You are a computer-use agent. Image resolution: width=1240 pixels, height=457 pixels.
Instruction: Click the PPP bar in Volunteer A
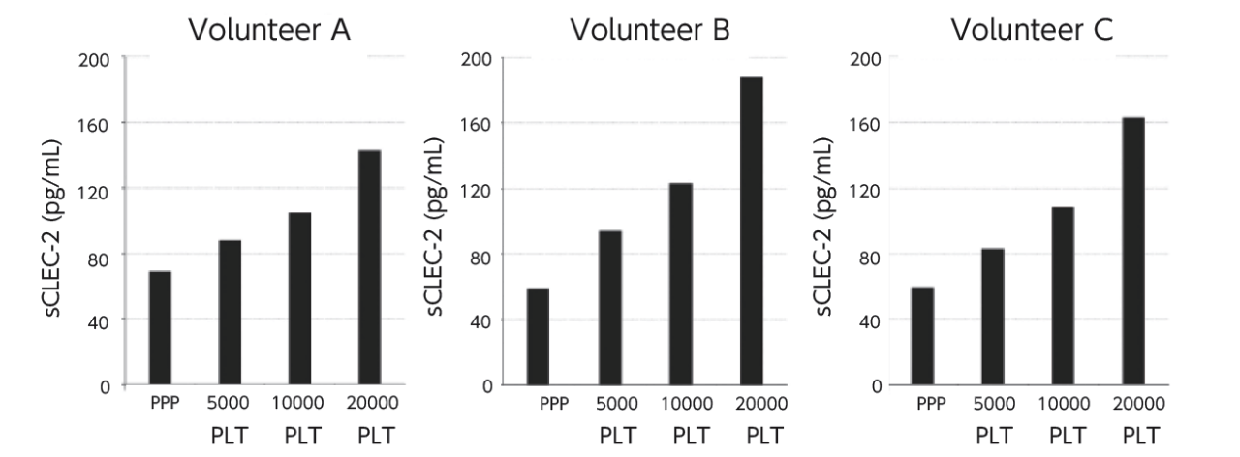(x=160, y=328)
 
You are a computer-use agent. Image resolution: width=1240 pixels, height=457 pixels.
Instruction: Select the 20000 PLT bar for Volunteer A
(x=369, y=267)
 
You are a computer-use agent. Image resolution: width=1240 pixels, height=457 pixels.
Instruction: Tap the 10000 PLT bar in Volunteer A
(x=299, y=298)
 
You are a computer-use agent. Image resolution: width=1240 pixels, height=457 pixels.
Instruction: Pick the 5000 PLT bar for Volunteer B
(x=609, y=308)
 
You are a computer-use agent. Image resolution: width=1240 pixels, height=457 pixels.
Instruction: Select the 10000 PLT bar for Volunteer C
(x=1062, y=296)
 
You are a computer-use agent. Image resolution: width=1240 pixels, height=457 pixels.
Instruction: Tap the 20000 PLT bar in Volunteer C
(x=1132, y=252)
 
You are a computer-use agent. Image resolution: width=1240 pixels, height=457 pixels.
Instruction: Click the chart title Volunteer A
(x=269, y=30)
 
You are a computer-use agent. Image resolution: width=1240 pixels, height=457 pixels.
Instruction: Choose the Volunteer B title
(x=650, y=30)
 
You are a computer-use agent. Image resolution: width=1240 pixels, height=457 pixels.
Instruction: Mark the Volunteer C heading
(x=1032, y=30)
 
